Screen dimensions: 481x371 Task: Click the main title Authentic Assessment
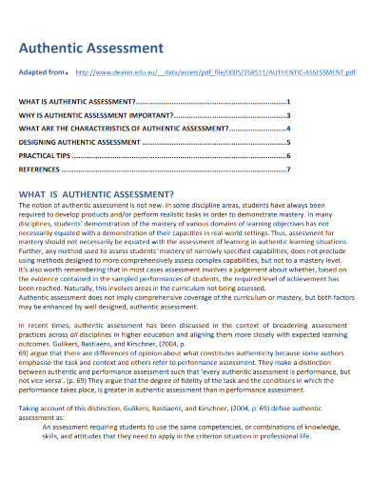[91, 48]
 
